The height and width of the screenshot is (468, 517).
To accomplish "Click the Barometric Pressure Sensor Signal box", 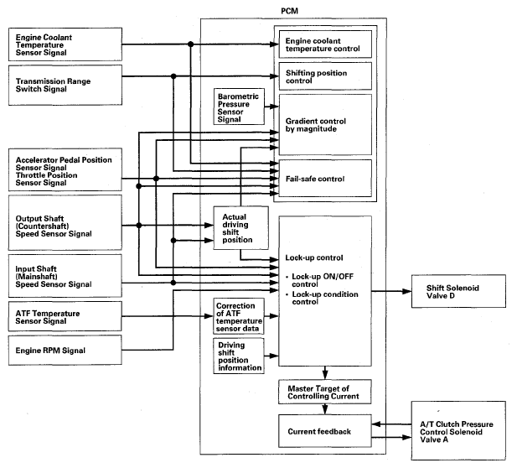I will tap(241, 107).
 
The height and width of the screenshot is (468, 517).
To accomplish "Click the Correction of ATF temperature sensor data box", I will tap(239, 316).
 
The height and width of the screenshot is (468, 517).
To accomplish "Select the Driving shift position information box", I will tap(239, 356).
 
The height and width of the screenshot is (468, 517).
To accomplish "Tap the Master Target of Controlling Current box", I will tap(323, 391).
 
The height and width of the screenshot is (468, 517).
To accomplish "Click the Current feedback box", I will tap(323, 433).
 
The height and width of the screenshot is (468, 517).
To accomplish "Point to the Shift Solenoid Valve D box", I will tap(459, 293).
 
